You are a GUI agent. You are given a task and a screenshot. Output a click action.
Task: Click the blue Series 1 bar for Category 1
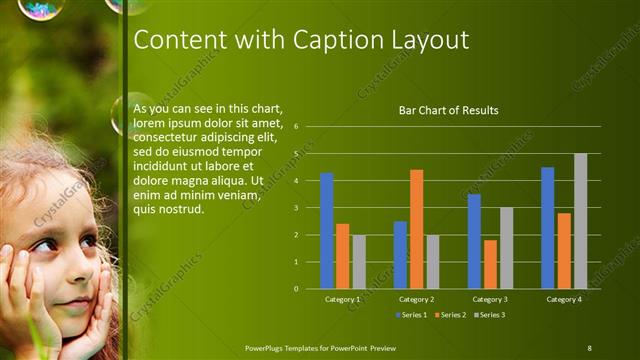click(x=326, y=231)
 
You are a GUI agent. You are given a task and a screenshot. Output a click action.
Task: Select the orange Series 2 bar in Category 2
click(x=416, y=229)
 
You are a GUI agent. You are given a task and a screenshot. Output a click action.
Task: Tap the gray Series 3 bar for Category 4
click(x=580, y=221)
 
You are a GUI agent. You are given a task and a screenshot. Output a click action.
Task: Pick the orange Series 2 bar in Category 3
click(x=490, y=264)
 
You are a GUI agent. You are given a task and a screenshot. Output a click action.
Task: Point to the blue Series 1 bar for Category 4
click(x=548, y=228)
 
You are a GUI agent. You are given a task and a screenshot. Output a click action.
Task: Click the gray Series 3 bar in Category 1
click(x=358, y=262)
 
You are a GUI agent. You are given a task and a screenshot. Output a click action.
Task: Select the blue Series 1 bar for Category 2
click(x=400, y=255)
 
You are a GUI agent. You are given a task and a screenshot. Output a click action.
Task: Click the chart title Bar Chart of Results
click(x=448, y=110)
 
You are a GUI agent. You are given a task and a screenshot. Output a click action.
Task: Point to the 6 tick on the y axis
click(x=296, y=127)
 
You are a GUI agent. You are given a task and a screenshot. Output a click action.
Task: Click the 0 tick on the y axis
click(x=296, y=289)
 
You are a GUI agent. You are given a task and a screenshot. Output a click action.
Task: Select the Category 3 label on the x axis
click(x=490, y=299)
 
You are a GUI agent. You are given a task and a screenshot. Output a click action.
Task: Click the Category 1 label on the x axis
click(x=342, y=299)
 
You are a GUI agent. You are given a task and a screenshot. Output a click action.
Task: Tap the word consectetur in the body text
click(x=166, y=137)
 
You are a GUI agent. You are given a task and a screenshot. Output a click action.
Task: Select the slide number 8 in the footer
click(x=589, y=347)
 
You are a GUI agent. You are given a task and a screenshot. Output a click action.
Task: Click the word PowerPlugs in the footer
click(x=268, y=347)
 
